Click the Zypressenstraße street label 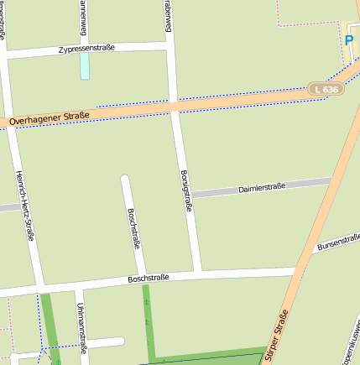pyautogui.click(x=86, y=50)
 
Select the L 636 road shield pyautogui.click(x=326, y=88)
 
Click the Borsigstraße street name pyautogui.click(x=185, y=191)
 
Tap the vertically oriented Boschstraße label pyautogui.click(x=133, y=229)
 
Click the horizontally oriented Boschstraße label pyautogui.click(x=149, y=278)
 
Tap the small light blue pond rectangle pyautogui.click(x=85, y=66)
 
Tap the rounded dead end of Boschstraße pyautogui.click(x=125, y=180)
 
